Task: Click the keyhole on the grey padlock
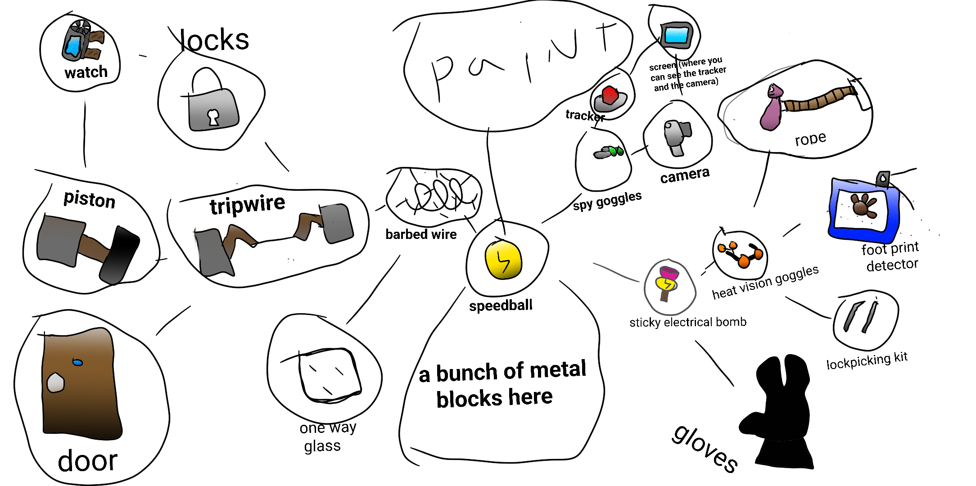[213, 117]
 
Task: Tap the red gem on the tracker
[610, 95]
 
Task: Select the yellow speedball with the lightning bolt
[503, 260]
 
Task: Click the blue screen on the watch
[73, 46]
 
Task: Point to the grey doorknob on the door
[55, 382]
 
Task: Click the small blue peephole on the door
[77, 362]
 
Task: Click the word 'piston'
[90, 199]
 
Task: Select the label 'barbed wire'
[421, 234]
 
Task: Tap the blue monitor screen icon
[676, 35]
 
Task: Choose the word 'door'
[88, 461]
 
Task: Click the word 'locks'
[214, 40]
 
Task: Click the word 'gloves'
[705, 448]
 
